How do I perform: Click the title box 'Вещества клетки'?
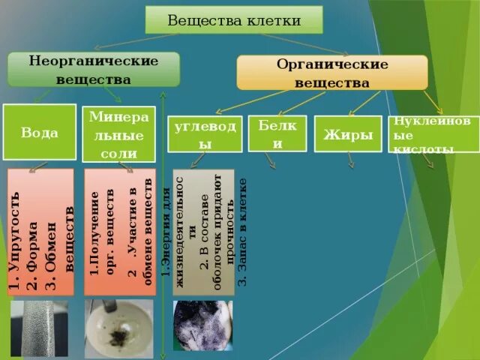click(233, 19)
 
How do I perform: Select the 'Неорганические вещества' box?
click(94, 69)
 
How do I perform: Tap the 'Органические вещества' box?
click(331, 73)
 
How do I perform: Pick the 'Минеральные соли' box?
click(112, 135)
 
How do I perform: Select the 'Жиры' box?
click(348, 134)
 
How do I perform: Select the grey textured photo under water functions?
click(39, 328)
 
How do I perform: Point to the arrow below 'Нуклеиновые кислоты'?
click(428, 161)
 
